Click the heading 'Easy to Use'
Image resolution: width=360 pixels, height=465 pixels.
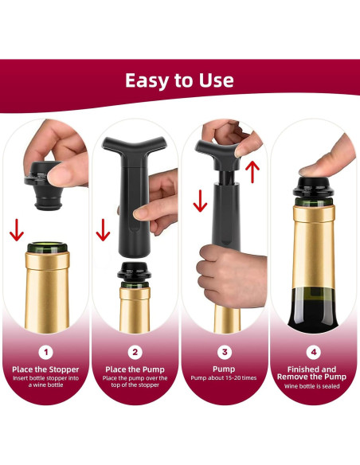coord(179,80)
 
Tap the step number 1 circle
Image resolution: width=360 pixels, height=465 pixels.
coord(45,350)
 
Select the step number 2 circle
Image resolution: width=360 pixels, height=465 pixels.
coord(135,350)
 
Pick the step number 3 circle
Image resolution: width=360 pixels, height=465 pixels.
coord(225,350)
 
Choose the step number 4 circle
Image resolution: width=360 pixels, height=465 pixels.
coord(315,350)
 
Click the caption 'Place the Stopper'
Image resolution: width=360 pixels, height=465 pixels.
coord(45,369)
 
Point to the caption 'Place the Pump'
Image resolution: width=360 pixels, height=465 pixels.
coord(135,369)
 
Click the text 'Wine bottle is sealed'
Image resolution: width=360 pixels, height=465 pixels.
coord(315,386)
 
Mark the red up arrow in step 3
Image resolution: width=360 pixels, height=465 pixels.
coord(252,169)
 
